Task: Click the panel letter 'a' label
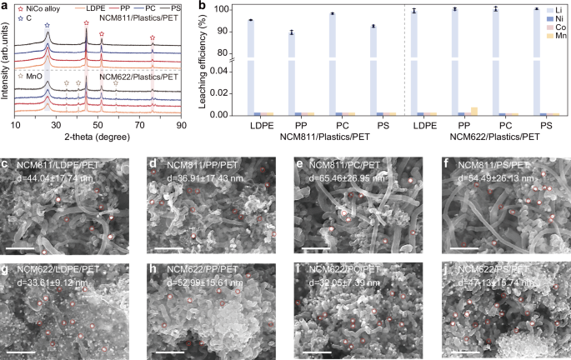click(6, 6)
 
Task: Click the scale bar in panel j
click(468, 351)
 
